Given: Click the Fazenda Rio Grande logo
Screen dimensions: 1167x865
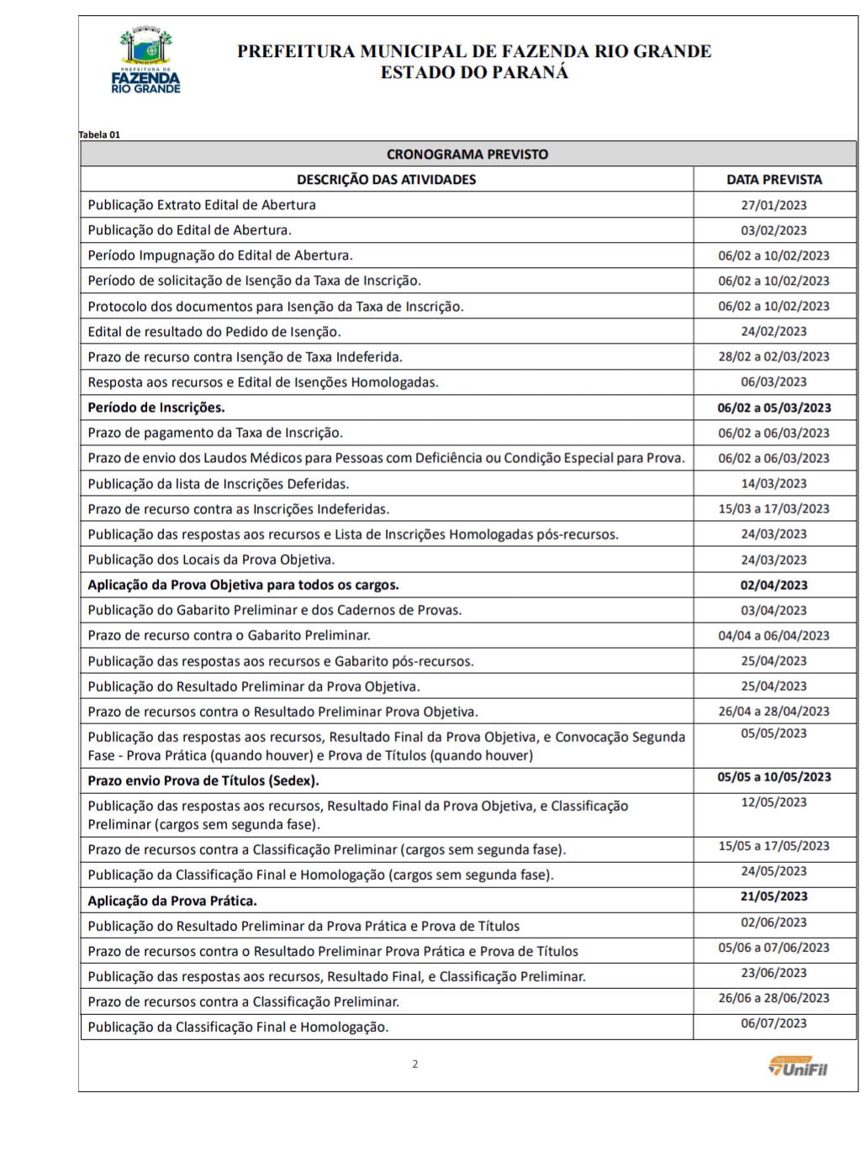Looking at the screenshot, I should (x=145, y=60).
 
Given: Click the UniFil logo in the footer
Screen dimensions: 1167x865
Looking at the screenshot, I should (x=798, y=1067).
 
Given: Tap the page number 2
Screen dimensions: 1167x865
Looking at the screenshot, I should (x=414, y=1064).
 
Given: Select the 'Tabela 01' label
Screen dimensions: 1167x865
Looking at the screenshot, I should (x=100, y=134).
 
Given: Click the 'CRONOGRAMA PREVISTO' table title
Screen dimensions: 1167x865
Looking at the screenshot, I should (x=467, y=155).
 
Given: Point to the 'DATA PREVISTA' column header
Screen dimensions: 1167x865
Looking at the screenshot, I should (x=774, y=180).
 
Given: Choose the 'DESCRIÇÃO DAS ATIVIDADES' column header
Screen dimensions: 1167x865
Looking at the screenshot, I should (x=386, y=180).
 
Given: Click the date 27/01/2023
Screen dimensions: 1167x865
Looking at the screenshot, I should (x=773, y=205).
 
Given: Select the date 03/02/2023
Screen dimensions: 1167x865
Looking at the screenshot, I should (x=773, y=230).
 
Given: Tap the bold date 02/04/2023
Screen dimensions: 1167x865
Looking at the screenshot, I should (x=773, y=586).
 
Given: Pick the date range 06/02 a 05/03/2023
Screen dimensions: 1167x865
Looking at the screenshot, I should (x=773, y=407).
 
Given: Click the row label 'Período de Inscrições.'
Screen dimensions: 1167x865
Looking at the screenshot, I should (x=156, y=407).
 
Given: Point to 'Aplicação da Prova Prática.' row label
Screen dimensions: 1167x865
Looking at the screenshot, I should (x=172, y=901).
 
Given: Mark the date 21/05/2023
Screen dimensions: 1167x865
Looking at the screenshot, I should (x=773, y=896).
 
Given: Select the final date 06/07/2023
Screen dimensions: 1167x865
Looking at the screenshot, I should (x=773, y=1023).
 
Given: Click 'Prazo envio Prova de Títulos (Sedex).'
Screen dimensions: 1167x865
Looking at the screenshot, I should (x=203, y=781).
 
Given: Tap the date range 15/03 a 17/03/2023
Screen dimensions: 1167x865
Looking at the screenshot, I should (x=773, y=509).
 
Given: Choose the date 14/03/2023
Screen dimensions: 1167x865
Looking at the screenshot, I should (x=773, y=484).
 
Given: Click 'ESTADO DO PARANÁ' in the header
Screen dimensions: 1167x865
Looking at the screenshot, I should (x=474, y=73).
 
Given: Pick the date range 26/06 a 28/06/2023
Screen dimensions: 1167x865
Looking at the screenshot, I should (x=773, y=998).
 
